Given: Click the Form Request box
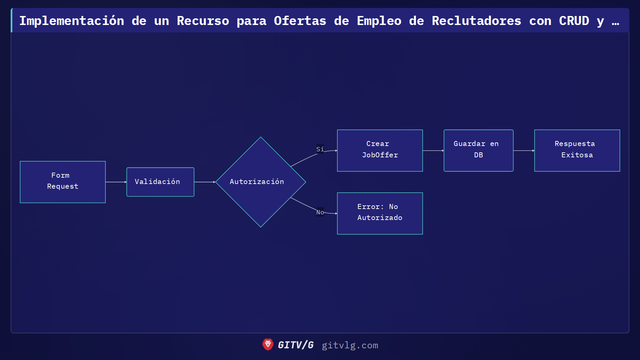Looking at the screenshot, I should pos(63,182).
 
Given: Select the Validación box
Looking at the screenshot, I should pos(160,182).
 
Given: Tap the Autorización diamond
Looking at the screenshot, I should pos(261,182).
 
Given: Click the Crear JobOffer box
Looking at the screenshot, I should pos(380,150).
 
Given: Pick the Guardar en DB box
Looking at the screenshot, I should pos(478,150).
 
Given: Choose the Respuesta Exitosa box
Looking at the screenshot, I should pos(577,150).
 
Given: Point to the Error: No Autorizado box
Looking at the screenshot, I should pos(380,213).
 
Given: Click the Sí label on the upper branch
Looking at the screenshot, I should pos(320,149).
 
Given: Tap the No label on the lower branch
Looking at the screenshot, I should pos(320,212).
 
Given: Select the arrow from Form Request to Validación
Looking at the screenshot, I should pos(116,182).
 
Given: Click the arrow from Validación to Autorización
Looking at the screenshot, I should pos(205,182).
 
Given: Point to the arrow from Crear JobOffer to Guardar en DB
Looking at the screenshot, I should pos(433,151).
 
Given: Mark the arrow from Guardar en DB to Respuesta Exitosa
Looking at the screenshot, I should pos(524,151).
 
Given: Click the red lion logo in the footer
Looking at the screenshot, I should pos(268,345).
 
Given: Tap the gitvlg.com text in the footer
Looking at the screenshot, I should pos(350,345).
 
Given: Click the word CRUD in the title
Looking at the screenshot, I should pos(574,21).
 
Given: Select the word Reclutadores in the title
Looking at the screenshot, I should pos(476,21).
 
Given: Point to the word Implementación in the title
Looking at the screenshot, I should pos(72,21).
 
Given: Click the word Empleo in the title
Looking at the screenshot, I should pos(379,21).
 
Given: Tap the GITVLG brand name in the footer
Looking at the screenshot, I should pos(296,345).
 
